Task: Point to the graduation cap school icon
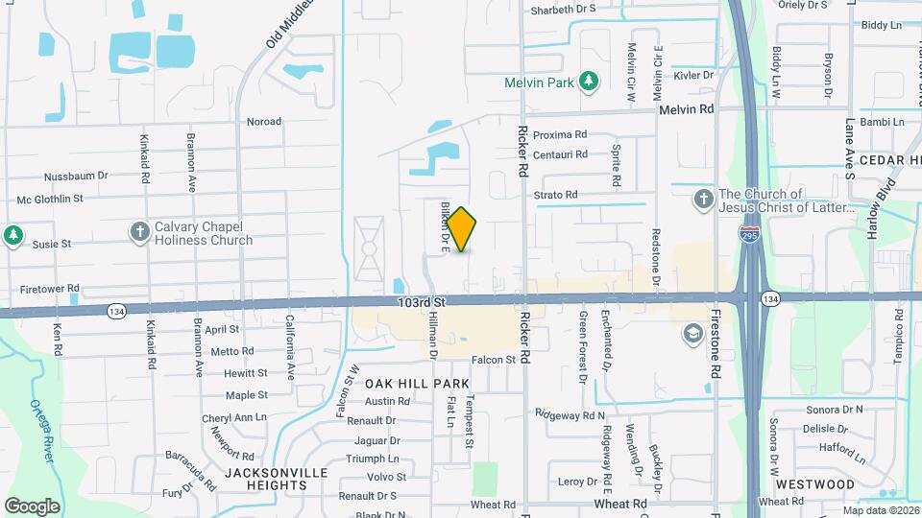691,334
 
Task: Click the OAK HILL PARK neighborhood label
417,383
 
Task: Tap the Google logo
32,506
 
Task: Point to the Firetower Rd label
49,289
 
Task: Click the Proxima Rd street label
559,135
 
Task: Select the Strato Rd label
555,195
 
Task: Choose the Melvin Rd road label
687,109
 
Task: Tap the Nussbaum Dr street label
76,177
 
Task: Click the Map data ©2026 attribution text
881,509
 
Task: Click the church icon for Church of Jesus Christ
703,200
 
